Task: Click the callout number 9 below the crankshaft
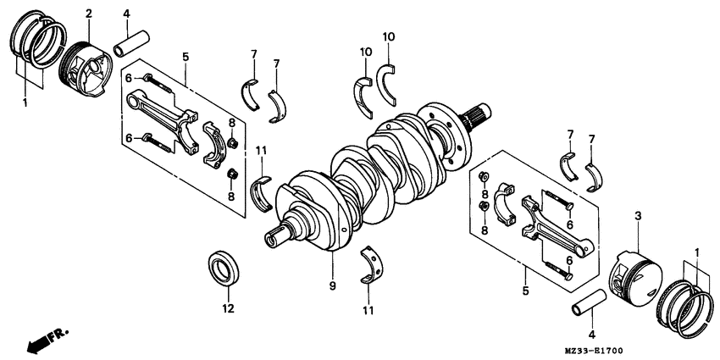pos(332,287)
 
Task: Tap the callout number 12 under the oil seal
pos(227,309)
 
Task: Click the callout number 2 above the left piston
pos(89,14)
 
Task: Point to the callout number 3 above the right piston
pos(638,218)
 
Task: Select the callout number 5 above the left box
pos(186,57)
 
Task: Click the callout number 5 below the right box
pos(525,291)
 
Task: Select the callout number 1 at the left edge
pos(25,102)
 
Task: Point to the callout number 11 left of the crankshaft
pos(262,150)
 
